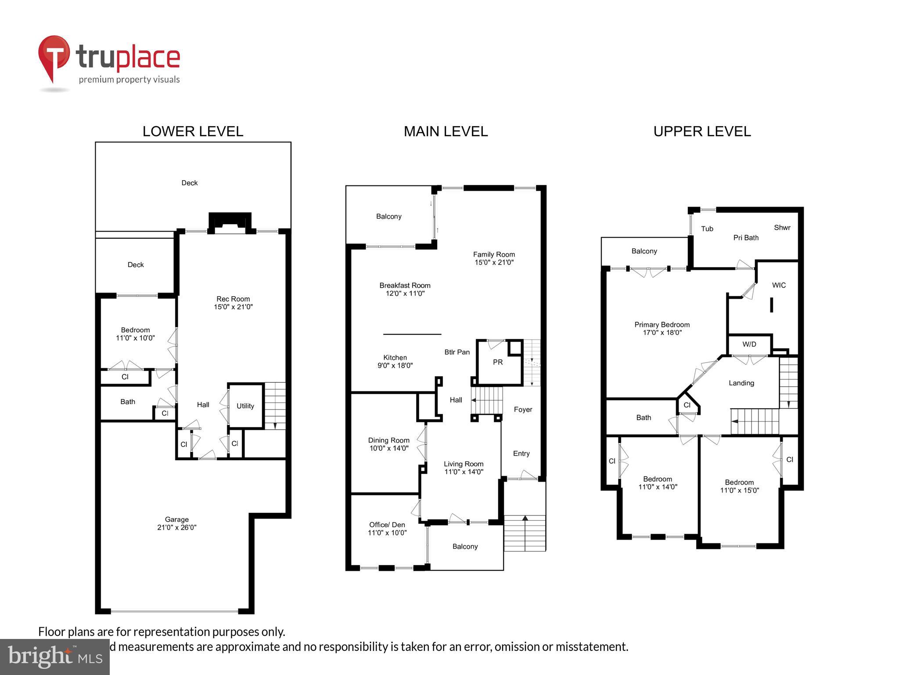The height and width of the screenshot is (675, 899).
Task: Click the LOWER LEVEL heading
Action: [x=193, y=131]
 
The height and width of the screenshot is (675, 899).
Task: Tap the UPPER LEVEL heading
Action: [x=702, y=131]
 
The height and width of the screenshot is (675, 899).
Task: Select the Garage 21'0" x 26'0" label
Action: [x=177, y=523]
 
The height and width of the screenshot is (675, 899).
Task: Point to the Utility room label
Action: [x=245, y=406]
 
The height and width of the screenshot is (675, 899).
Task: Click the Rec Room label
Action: [x=233, y=303]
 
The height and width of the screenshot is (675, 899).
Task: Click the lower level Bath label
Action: [x=128, y=402]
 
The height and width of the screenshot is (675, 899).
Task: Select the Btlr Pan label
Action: [x=457, y=352]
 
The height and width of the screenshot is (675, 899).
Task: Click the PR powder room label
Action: [x=498, y=362]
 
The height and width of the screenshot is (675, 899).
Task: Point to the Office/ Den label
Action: [x=387, y=529]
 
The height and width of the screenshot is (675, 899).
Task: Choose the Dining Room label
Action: [x=389, y=444]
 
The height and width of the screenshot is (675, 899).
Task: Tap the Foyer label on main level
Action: [x=523, y=410]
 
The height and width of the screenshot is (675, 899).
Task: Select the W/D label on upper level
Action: [x=749, y=344]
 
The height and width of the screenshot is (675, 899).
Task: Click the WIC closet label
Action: [x=779, y=285]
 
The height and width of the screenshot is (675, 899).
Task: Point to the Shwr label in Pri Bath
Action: [x=782, y=228]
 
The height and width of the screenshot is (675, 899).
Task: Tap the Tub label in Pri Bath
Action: [x=707, y=229]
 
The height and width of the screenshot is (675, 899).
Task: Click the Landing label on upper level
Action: [x=741, y=383]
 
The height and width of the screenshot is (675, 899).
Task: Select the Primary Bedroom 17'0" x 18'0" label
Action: [x=662, y=329]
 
